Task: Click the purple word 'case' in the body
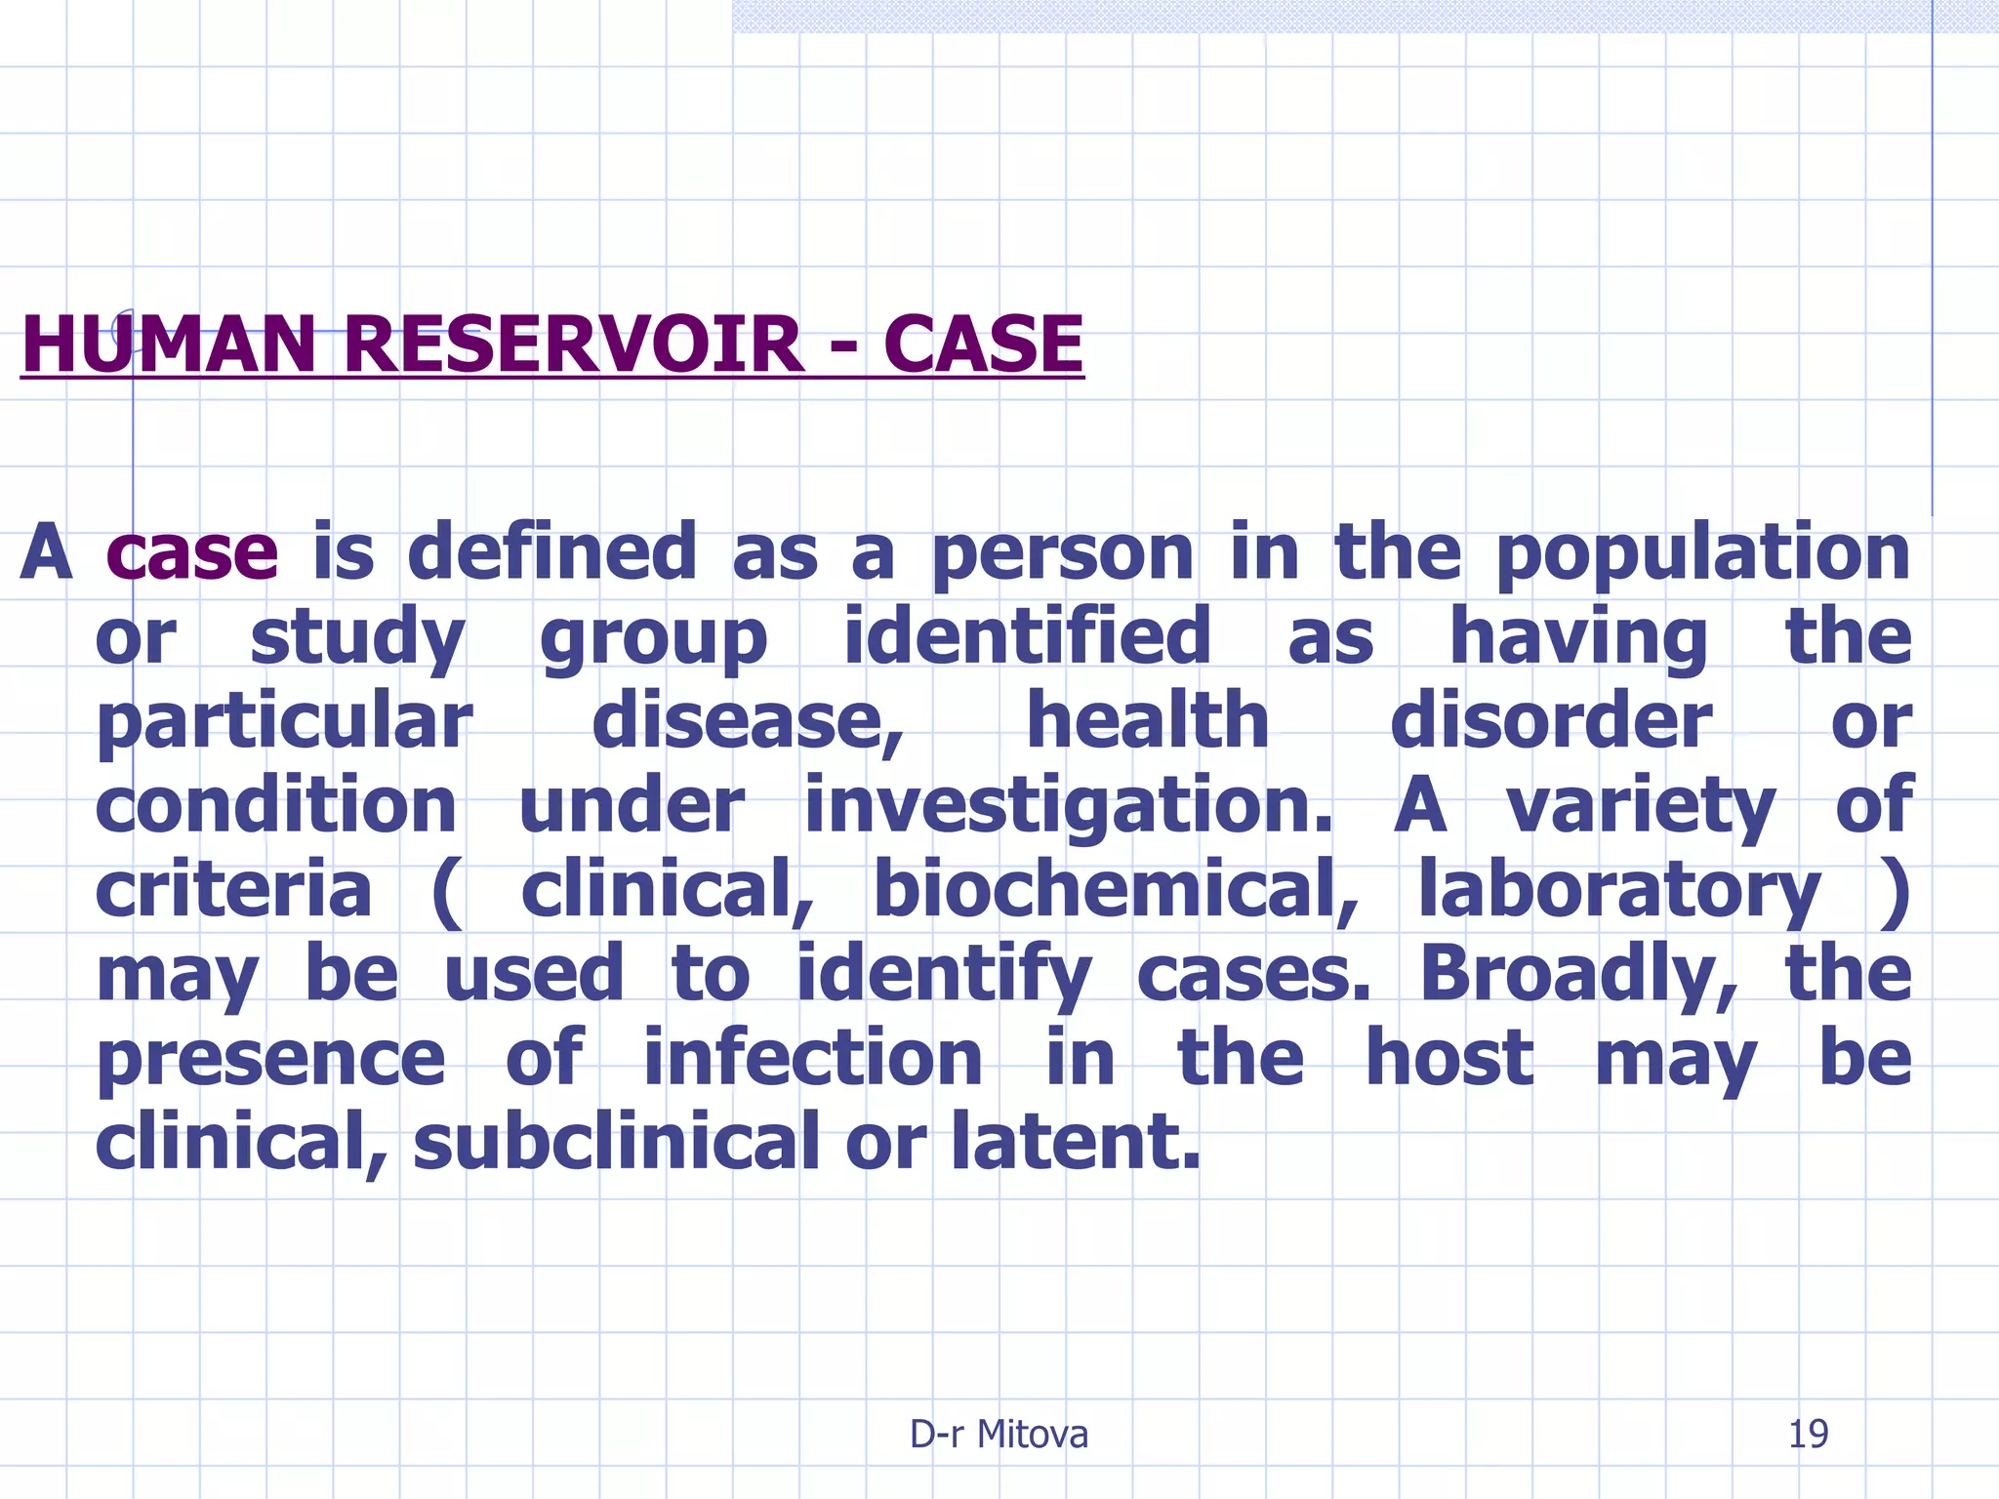(192, 552)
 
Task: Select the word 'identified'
(1027, 636)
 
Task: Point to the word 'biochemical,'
(1116, 890)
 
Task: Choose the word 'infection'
(813, 1058)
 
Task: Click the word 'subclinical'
(616, 1142)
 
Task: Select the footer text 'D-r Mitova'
(999, 1434)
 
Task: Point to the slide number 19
(1808, 1434)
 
